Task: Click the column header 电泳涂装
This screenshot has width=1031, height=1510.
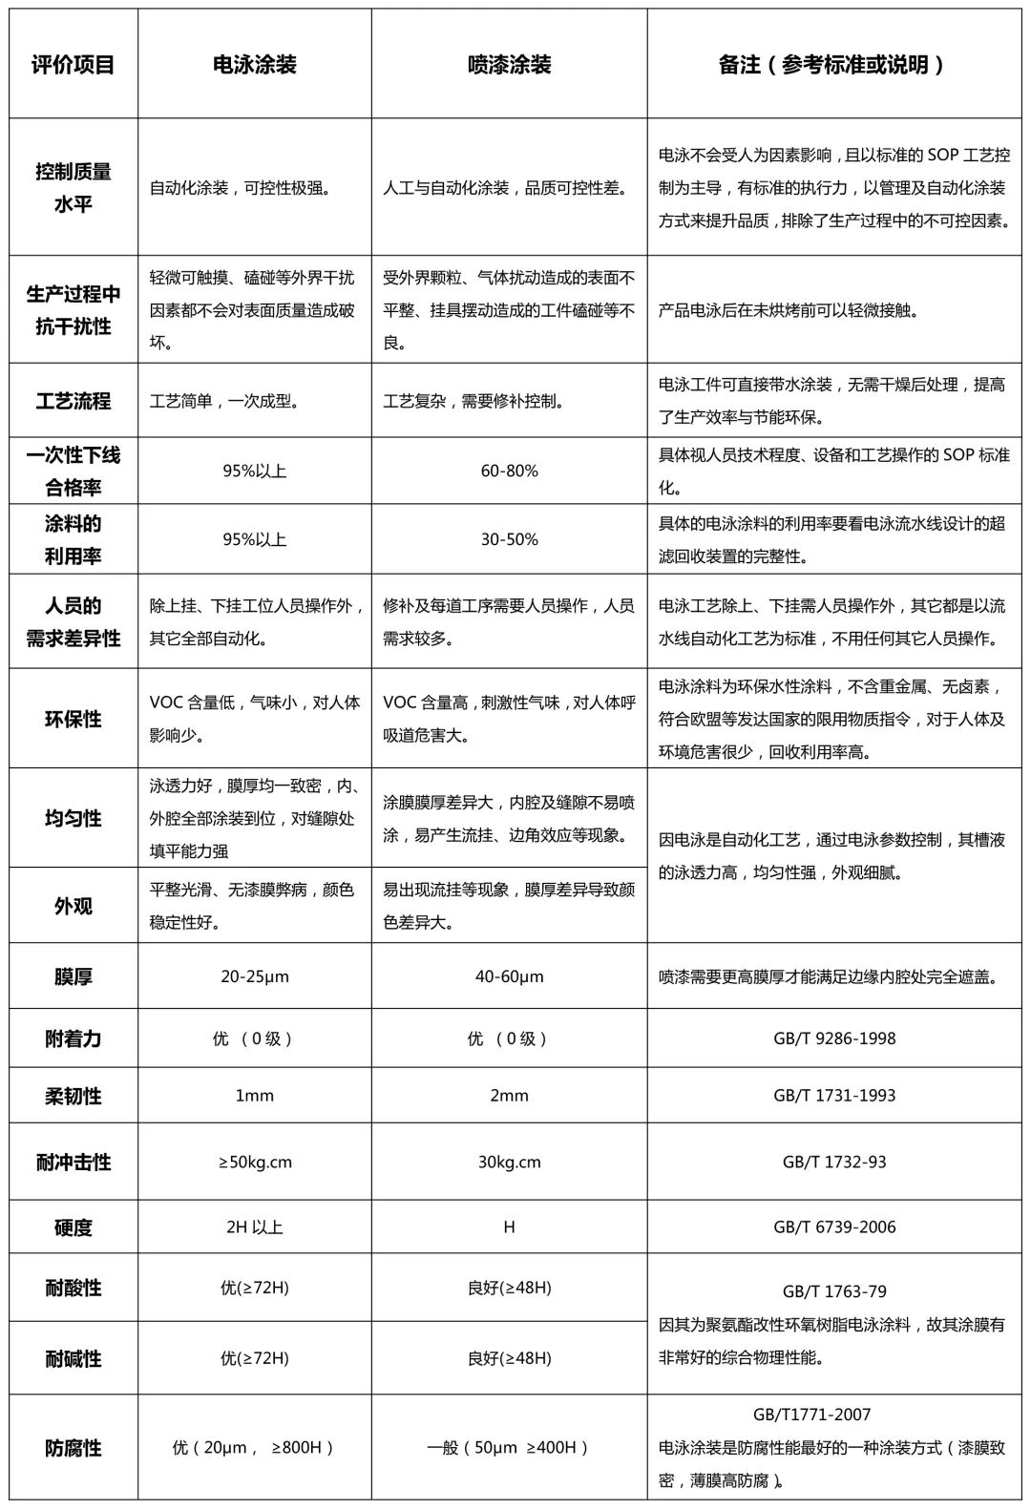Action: pyautogui.click(x=254, y=65)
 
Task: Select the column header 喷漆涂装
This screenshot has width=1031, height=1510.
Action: pyautogui.click(x=509, y=65)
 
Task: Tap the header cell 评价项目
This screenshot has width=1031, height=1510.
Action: pyautogui.click(x=74, y=65)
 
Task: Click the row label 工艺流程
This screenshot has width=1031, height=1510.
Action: pyautogui.click(x=74, y=401)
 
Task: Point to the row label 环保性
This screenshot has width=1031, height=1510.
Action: pyautogui.click(x=74, y=719)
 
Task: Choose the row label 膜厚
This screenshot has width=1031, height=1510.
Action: pyautogui.click(x=74, y=976)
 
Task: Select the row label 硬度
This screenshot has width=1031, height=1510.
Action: pyautogui.click(x=74, y=1227)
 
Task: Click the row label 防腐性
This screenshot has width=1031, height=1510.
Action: pyautogui.click(x=74, y=1448)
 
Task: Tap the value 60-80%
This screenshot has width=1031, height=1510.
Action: pyautogui.click(x=509, y=471)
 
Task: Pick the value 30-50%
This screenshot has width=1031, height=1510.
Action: pyautogui.click(x=509, y=539)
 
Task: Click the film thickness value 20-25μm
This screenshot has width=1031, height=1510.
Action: pyautogui.click(x=254, y=976)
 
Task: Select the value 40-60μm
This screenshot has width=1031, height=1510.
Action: pyautogui.click(x=509, y=976)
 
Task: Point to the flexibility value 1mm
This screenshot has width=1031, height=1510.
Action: pyautogui.click(x=254, y=1096)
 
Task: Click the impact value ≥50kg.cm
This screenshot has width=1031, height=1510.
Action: pyautogui.click(x=254, y=1163)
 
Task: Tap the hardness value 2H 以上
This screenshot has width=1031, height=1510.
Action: pyautogui.click(x=254, y=1227)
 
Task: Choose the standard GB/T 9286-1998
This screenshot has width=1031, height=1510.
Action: pyautogui.click(x=834, y=1038)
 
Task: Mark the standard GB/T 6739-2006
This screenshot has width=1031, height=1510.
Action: pyautogui.click(x=834, y=1227)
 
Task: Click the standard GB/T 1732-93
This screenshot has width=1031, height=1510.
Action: pyautogui.click(x=834, y=1163)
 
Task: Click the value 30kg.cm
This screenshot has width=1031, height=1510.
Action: pyautogui.click(x=509, y=1163)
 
